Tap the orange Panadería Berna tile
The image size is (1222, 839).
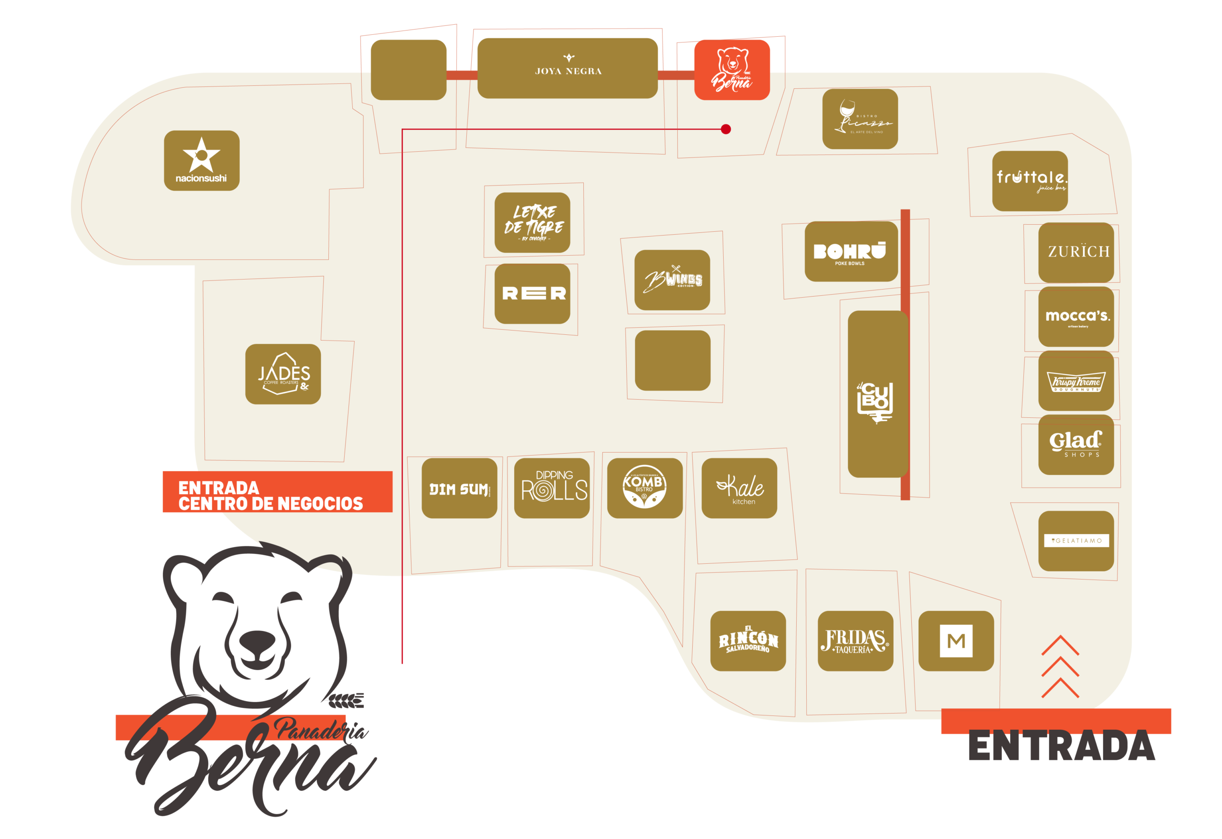pos(732,69)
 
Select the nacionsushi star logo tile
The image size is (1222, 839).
pos(201,160)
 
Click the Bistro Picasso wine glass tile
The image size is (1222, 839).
pos(860,119)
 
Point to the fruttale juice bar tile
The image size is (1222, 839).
pos(1030,181)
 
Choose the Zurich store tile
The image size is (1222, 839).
pos(1076,252)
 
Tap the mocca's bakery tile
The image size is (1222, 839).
pos(1076,316)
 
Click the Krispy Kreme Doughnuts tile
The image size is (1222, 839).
pos(1076,381)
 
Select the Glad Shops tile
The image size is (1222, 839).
pos(1076,445)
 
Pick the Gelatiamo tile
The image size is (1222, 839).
pos(1076,540)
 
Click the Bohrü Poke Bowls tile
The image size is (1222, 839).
pos(851,251)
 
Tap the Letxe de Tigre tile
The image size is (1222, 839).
pos(532,222)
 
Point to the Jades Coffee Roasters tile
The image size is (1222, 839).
pos(283,374)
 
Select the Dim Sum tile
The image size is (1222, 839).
pos(459,488)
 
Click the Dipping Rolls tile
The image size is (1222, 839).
pos(551,488)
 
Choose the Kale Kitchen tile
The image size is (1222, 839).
pos(739,488)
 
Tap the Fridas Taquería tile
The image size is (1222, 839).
pos(855,641)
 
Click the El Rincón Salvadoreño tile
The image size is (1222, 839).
pos(748,641)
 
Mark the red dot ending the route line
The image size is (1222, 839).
pos(726,129)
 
